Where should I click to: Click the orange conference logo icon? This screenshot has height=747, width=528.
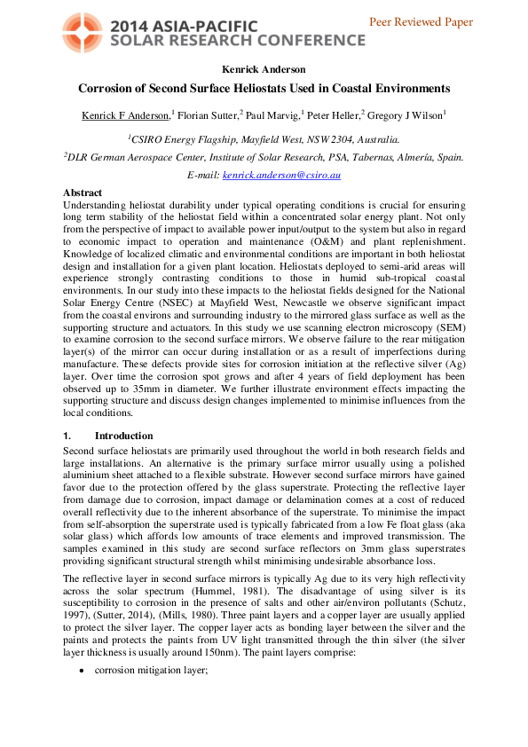click(x=84, y=32)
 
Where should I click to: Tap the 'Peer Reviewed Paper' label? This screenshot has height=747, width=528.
click(x=432, y=22)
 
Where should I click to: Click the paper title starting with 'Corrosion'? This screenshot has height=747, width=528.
click(x=264, y=89)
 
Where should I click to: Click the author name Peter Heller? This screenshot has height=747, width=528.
click(x=333, y=115)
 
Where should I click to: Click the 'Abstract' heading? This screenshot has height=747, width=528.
click(x=83, y=193)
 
